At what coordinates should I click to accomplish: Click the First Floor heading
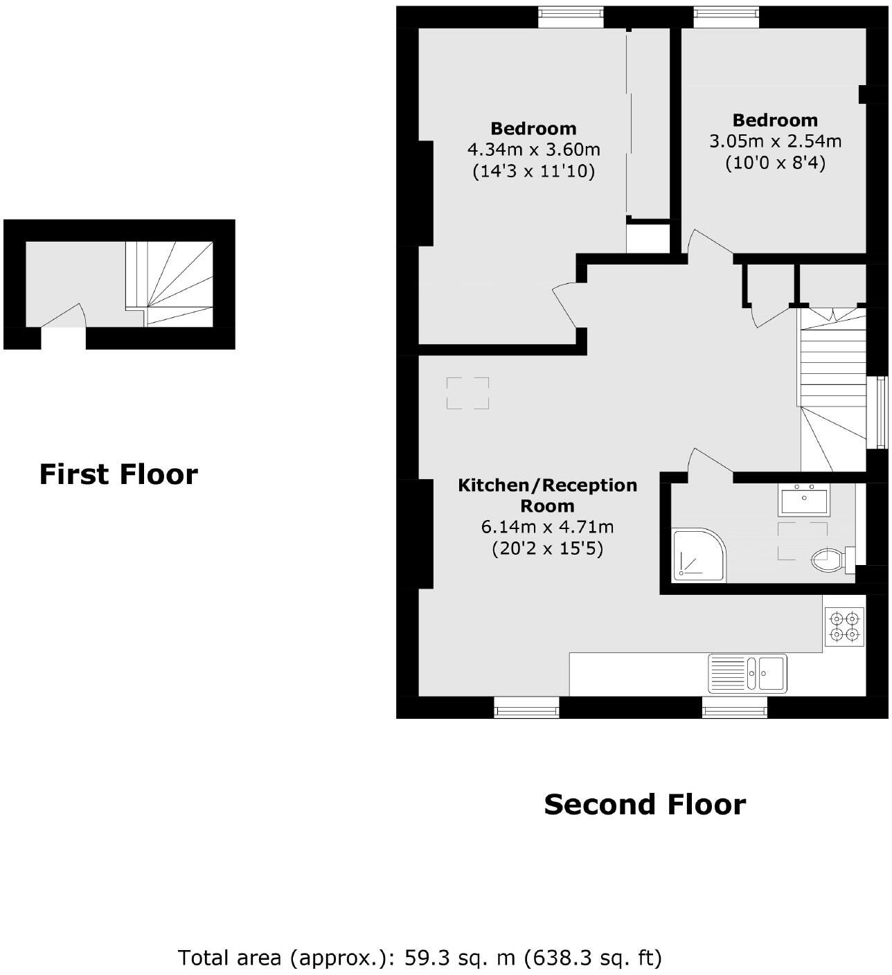point(118,474)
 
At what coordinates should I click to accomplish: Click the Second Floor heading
point(644,805)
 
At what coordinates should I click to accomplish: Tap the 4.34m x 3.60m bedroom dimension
point(533,150)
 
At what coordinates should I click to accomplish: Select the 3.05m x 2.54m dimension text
point(775,141)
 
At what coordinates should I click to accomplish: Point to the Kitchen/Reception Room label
point(547,495)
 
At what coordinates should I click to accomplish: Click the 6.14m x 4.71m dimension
point(547,527)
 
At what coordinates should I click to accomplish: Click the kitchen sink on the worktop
point(747,673)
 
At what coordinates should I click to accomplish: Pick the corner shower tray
point(699,556)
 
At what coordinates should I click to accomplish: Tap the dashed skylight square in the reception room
point(467,393)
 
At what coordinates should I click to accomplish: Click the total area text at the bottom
point(420,958)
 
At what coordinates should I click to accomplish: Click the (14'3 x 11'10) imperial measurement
point(533,171)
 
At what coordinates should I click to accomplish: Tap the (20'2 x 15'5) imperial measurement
point(547,549)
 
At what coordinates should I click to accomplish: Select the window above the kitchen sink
point(734,707)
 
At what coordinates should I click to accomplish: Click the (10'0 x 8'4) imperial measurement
point(775,163)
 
